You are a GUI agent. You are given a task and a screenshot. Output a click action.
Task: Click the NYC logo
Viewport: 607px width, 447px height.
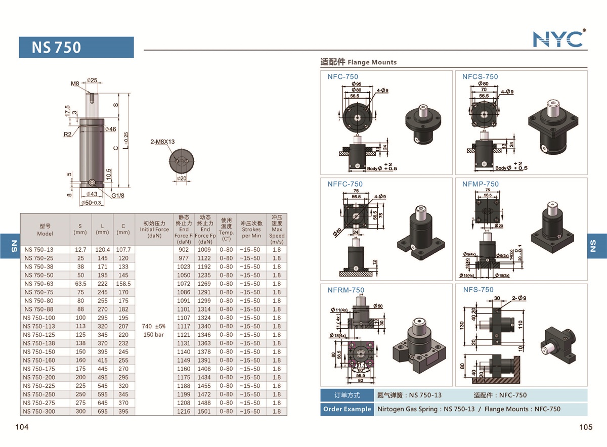[x=559, y=38]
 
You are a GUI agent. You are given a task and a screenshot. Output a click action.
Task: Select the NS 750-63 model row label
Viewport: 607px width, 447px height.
[x=39, y=284]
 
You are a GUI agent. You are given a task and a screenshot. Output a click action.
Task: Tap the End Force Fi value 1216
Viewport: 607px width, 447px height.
[x=184, y=411]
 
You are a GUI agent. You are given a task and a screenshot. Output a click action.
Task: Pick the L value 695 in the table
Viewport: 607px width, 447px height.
[x=102, y=411]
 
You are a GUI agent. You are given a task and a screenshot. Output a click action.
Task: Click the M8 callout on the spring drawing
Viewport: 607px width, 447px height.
[x=75, y=83]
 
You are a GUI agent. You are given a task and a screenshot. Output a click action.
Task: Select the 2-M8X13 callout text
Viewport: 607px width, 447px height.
[x=162, y=142]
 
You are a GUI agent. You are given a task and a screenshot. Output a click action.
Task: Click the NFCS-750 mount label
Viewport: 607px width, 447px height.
[x=480, y=77]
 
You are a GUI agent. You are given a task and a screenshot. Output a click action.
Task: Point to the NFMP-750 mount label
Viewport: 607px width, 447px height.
[x=480, y=184]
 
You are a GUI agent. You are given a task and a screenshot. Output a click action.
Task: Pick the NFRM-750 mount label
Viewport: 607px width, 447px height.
[x=345, y=290]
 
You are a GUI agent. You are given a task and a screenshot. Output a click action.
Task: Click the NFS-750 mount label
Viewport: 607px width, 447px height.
[x=478, y=290]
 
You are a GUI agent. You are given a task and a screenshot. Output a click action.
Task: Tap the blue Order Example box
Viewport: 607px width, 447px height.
[x=346, y=409]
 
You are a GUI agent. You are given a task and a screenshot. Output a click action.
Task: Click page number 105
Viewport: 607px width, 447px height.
[x=585, y=427]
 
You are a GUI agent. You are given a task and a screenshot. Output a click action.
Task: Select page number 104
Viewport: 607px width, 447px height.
[x=22, y=427]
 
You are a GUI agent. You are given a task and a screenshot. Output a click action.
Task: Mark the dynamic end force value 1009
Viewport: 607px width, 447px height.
[x=204, y=249]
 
